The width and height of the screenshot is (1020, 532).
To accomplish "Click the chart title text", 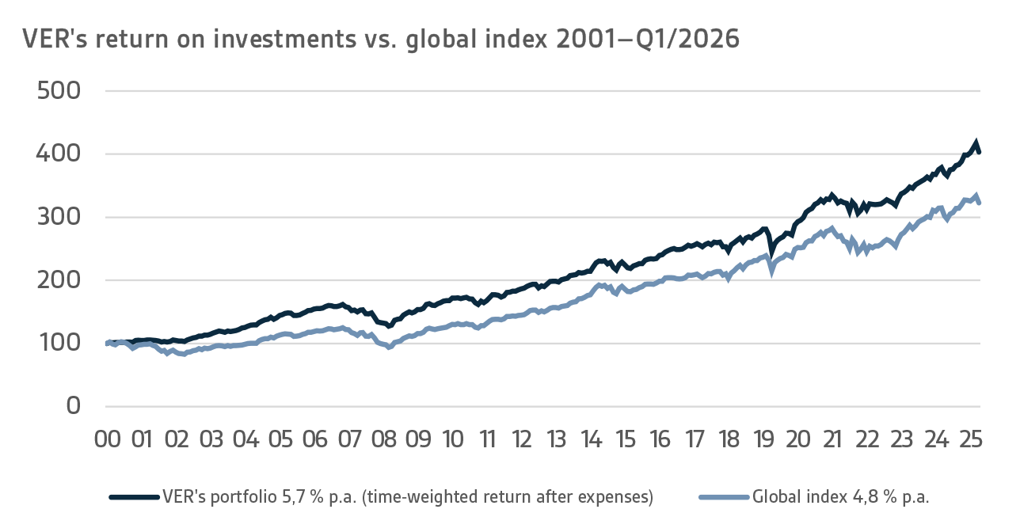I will click(x=380, y=39).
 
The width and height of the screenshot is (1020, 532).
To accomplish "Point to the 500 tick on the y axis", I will click(x=59, y=91).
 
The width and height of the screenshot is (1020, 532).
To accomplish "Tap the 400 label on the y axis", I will click(x=59, y=154).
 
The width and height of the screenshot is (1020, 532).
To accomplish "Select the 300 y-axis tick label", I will click(x=59, y=217).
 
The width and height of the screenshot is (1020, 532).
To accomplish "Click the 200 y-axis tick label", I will click(x=59, y=280).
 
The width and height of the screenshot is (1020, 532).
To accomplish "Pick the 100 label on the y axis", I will click(x=59, y=343).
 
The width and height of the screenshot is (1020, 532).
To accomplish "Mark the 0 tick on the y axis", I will click(x=73, y=406).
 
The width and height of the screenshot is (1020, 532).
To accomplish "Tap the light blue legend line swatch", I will click(x=723, y=497).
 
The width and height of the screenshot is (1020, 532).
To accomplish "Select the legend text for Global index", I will click(x=840, y=497).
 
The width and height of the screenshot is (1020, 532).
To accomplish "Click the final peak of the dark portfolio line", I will click(x=976, y=142).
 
